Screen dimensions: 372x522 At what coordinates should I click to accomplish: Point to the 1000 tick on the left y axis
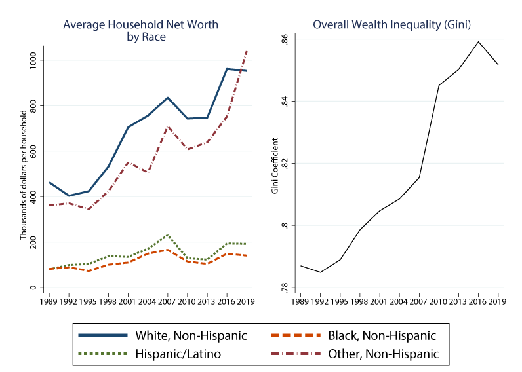33,60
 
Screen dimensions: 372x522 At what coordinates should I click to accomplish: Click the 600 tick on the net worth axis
33,151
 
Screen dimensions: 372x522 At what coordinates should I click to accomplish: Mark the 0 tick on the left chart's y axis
33,288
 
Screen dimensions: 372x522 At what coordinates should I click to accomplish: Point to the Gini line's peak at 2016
478,42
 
